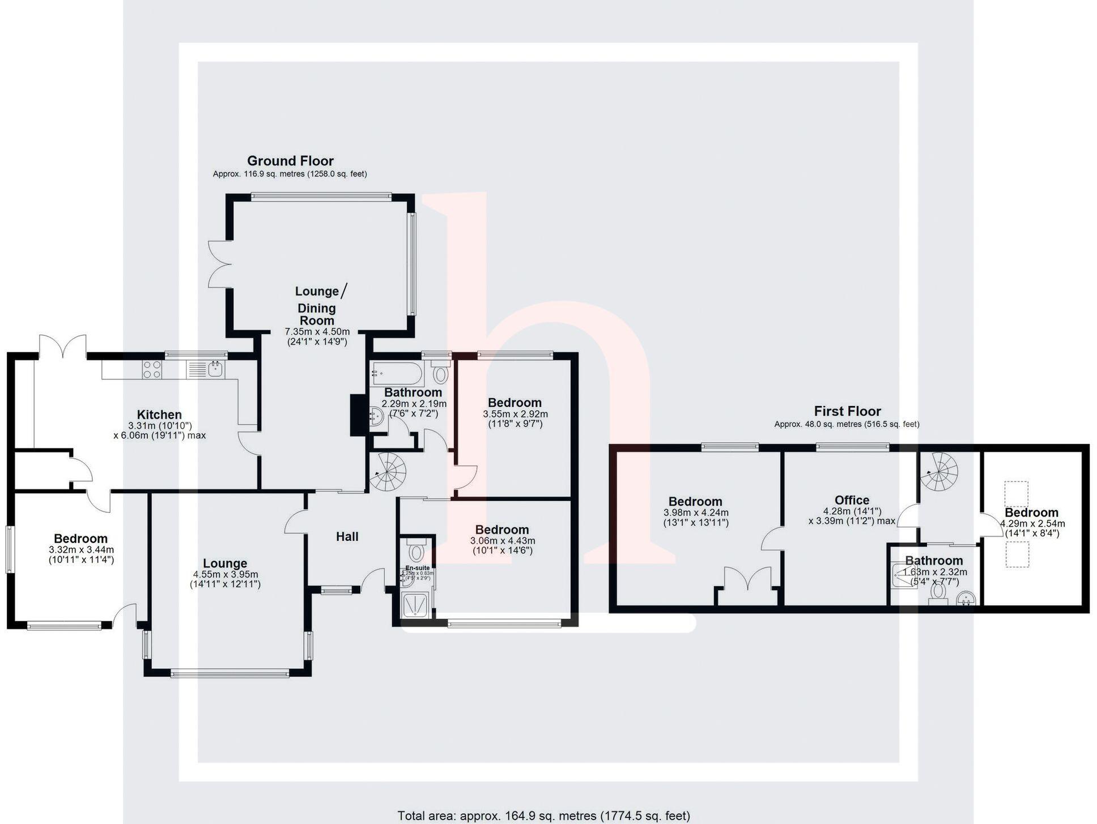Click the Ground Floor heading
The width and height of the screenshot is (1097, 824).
click(x=290, y=161)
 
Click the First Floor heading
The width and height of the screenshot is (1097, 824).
click(x=847, y=411)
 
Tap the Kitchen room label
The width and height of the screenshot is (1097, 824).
click(x=159, y=415)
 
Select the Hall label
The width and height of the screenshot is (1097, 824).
click(x=347, y=536)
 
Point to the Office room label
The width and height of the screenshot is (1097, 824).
click(x=852, y=500)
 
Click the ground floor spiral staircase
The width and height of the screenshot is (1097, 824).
click(x=388, y=471)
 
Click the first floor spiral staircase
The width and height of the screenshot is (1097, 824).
click(x=938, y=471)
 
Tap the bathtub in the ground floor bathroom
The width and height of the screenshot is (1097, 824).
click(x=396, y=374)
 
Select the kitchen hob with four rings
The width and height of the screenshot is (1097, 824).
click(x=152, y=370)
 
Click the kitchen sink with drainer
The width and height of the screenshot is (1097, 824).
click(x=206, y=370)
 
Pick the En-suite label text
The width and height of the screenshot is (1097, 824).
click(x=418, y=567)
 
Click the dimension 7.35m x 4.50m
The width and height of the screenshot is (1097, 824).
click(x=317, y=331)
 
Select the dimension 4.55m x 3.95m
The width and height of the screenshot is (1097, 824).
click(x=225, y=574)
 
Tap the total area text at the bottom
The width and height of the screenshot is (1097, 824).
click(x=543, y=816)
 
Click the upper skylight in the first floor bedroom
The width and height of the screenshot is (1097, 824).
click(x=1017, y=494)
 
